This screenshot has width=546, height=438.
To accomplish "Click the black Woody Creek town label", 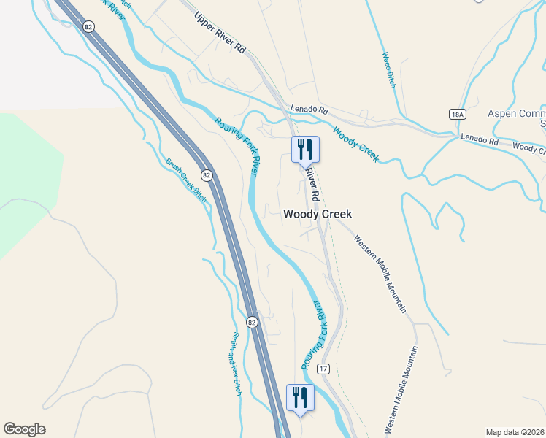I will tap(318, 214).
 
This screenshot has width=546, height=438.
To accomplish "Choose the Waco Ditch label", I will tap(388, 70).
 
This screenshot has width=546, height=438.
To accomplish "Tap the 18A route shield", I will tap(457, 115).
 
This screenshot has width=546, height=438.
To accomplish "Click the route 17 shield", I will tap(324, 369).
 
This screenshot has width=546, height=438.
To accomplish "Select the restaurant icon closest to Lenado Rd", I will tap(305, 150).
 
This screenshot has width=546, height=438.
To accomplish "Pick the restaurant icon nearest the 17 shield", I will tap(300, 398).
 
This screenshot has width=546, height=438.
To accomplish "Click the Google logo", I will tap(24, 429).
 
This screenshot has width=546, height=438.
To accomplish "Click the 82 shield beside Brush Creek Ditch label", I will tap(207, 175).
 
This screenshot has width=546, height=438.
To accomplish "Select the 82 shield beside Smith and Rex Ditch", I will tap(251, 322).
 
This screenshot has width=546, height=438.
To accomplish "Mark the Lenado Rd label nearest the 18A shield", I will tap(478, 138).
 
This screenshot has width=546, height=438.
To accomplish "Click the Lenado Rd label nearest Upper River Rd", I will tap(309, 109).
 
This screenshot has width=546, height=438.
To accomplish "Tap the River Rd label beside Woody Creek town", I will tap(312, 185).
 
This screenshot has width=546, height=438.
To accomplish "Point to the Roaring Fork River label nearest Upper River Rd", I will tap(237, 145).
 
